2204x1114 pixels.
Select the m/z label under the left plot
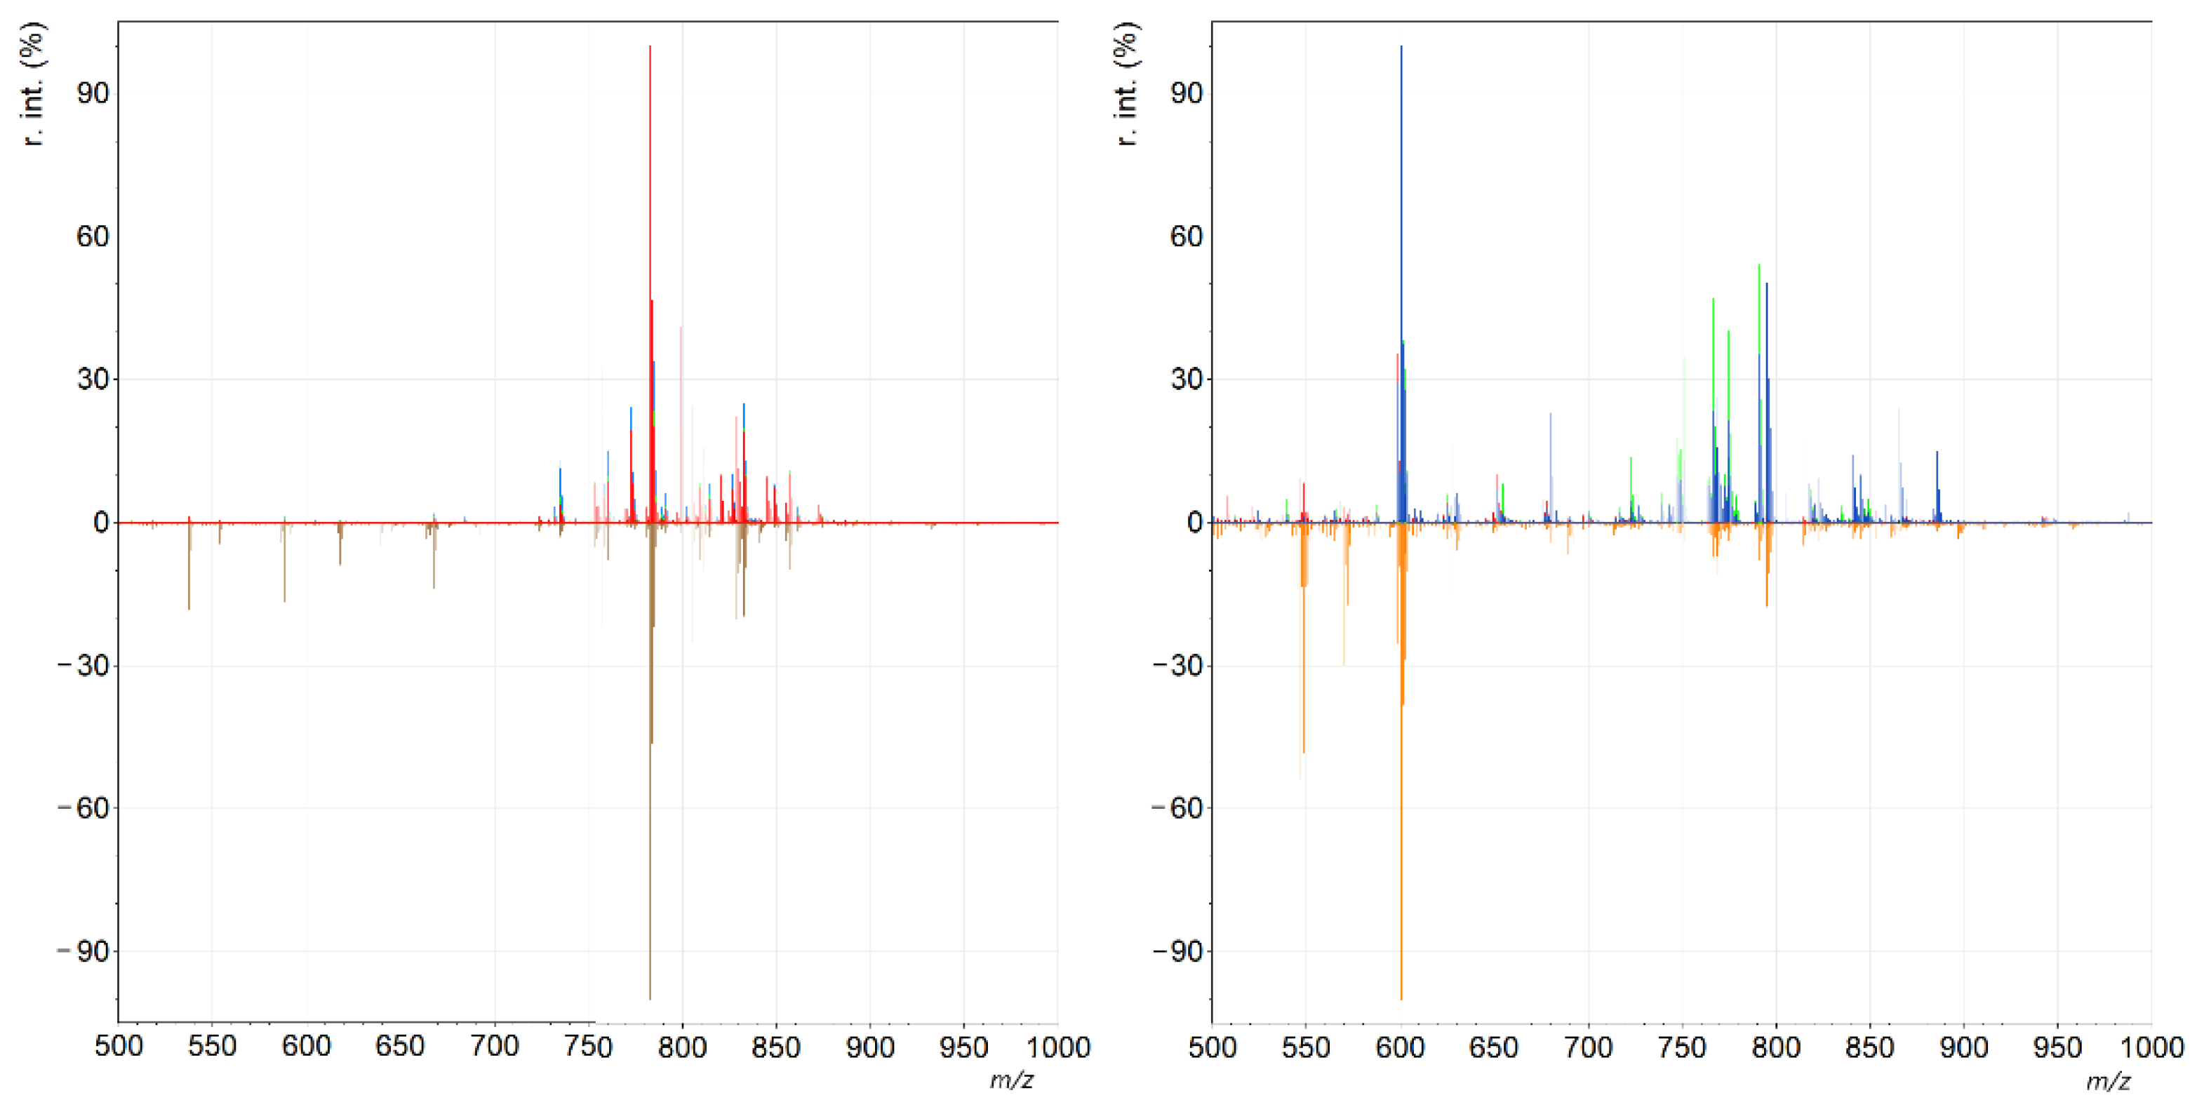(1010, 1080)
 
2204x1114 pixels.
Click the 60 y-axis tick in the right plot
(1186, 236)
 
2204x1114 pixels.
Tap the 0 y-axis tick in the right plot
(1194, 522)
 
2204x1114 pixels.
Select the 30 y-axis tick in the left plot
(93, 379)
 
